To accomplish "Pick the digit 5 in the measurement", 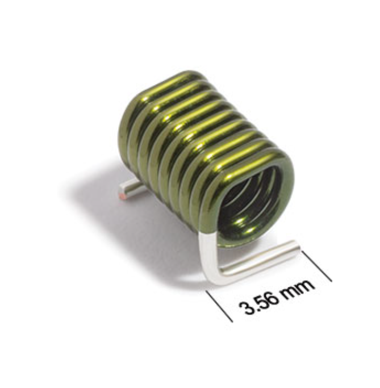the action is click(x=261, y=302).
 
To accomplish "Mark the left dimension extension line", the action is click(x=219, y=306).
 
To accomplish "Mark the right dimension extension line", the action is click(x=317, y=266).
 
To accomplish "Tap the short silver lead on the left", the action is click(x=128, y=190).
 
